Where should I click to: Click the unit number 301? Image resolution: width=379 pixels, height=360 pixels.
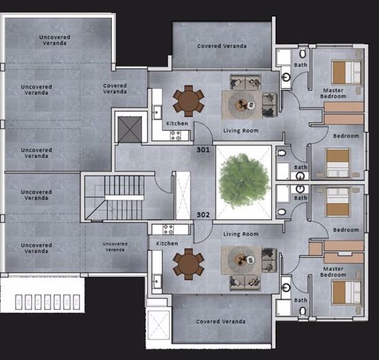[203, 148]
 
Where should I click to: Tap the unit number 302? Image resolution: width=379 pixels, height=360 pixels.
[203, 215]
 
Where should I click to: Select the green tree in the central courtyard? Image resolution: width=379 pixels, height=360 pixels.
[242, 181]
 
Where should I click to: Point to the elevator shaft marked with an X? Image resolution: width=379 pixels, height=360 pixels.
[129, 129]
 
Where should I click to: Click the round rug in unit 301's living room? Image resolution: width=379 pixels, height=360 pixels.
[243, 104]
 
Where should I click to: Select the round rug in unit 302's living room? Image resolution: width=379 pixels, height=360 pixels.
[243, 258]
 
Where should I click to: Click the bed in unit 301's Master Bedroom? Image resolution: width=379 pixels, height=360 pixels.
[347, 71]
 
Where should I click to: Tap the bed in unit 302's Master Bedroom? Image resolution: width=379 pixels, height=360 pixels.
[345, 292]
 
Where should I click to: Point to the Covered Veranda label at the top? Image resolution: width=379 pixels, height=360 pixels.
[221, 46]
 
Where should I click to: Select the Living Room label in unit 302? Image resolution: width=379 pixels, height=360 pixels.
[241, 234]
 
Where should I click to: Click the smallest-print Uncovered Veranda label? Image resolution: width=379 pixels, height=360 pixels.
[115, 246]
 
